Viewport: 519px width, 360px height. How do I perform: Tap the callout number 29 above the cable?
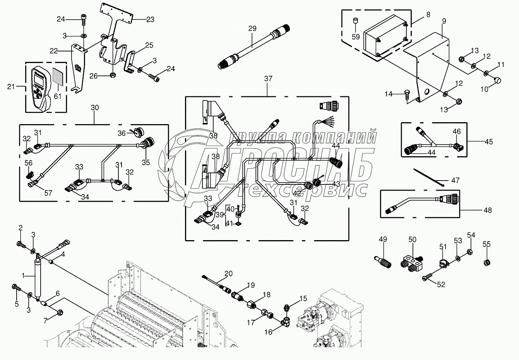pos(252,29)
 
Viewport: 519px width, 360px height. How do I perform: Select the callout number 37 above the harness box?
pos(268,78)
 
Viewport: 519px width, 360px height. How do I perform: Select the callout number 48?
pos(488,210)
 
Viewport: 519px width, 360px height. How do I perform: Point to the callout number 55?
pos(486,244)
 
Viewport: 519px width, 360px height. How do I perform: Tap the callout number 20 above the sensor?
pos(228,273)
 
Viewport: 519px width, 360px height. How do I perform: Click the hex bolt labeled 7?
pos(60,311)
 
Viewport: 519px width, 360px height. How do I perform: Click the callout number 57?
pos(48,193)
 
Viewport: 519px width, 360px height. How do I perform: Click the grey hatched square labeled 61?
pos(58,74)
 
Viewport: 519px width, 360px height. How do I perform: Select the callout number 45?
pos(489,142)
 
